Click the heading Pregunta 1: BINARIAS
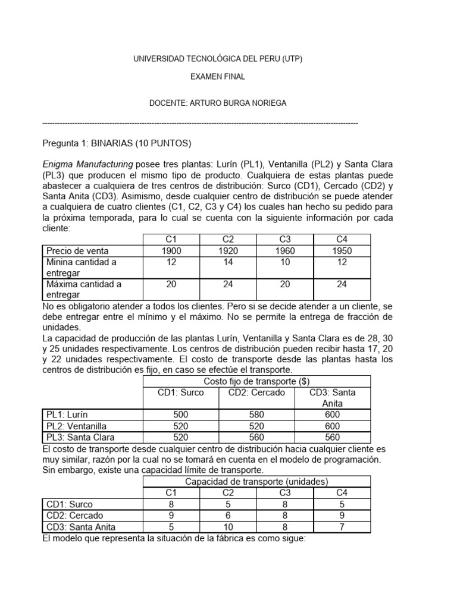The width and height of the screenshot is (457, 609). [x=117, y=143]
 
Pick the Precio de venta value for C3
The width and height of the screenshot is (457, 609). [x=284, y=250]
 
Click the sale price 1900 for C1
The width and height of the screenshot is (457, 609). [x=171, y=250]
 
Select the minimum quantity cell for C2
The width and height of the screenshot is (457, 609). [x=227, y=262]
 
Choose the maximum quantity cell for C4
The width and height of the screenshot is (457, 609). [x=341, y=284]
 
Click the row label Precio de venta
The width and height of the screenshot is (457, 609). [x=77, y=250]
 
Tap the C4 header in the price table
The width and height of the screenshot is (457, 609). [x=341, y=239]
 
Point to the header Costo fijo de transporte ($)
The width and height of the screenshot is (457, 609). [x=256, y=381]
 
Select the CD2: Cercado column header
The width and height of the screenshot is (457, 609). [x=256, y=392]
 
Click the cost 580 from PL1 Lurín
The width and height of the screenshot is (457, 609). [x=256, y=415]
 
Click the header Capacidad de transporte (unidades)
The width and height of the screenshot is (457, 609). [x=256, y=482]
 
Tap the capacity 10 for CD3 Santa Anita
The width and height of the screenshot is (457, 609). [x=227, y=526]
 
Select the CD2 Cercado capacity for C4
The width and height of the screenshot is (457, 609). [x=341, y=515]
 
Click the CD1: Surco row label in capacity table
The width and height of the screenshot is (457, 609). [x=70, y=504]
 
